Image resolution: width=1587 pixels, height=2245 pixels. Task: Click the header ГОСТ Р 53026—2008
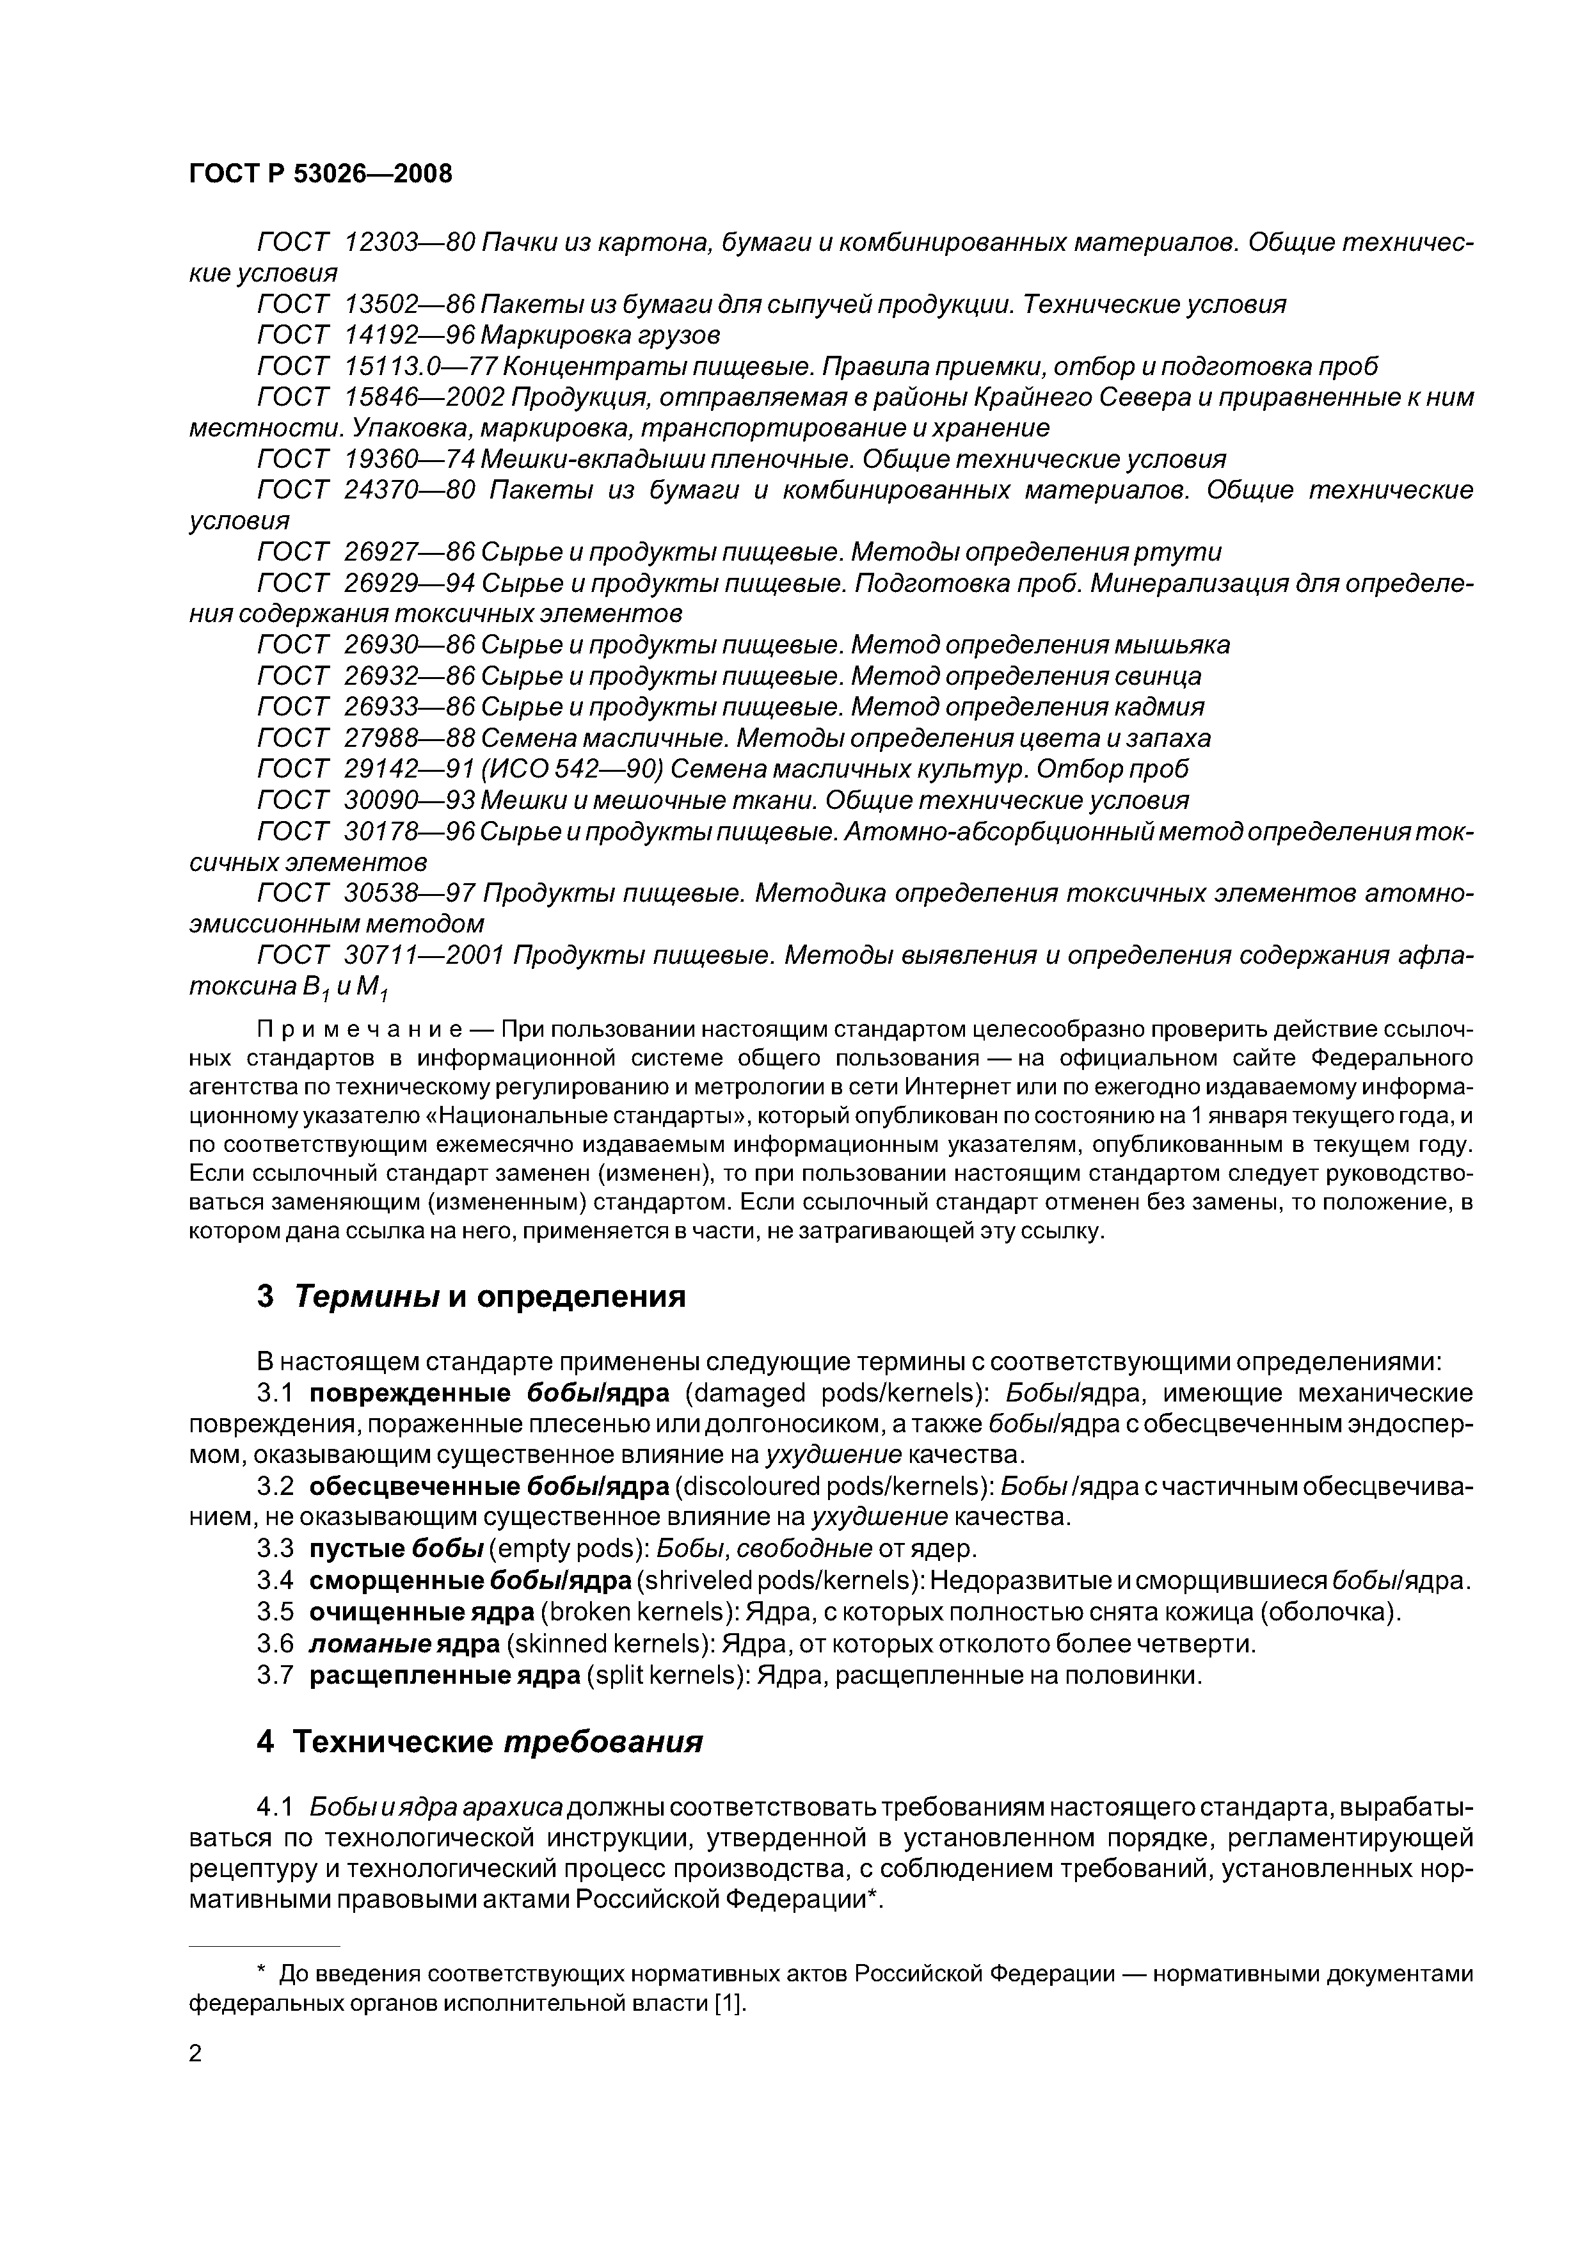click(x=321, y=174)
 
